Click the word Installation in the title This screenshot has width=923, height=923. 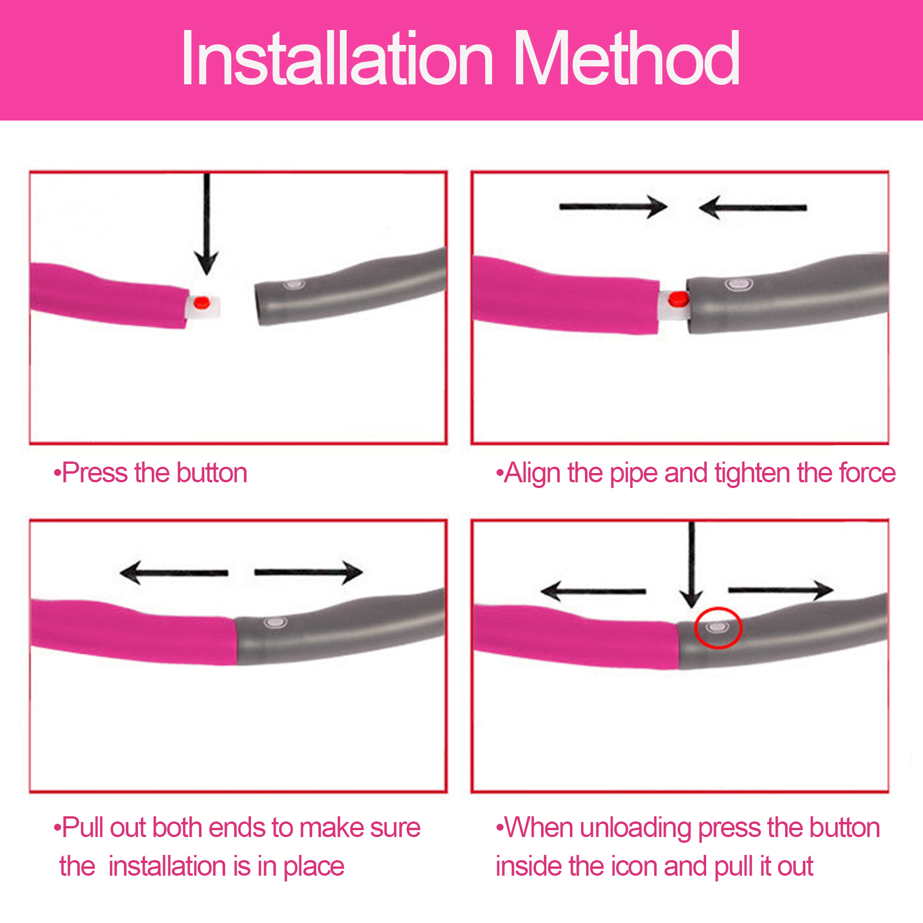(x=337, y=58)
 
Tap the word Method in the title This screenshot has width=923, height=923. (x=626, y=58)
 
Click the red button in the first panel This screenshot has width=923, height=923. (x=201, y=302)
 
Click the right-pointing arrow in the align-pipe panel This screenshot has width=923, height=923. (x=613, y=207)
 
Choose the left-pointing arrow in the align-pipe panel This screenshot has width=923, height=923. (x=752, y=207)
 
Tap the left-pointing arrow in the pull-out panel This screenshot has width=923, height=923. (x=174, y=572)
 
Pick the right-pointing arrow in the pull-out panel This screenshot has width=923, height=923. (x=309, y=572)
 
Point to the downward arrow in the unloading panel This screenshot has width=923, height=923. (x=691, y=565)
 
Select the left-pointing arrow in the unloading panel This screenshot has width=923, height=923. (x=593, y=591)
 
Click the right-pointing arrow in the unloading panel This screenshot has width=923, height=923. (x=781, y=590)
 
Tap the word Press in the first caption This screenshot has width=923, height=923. (x=95, y=473)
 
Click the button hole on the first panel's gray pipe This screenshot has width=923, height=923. (x=294, y=284)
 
